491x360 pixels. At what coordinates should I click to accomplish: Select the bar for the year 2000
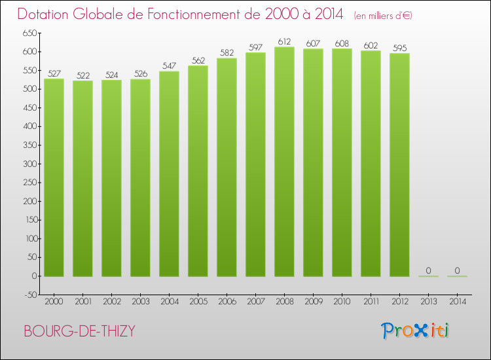(x=54, y=177)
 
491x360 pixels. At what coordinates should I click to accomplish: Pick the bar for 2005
(x=198, y=171)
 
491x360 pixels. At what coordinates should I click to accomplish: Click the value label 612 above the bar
(x=284, y=41)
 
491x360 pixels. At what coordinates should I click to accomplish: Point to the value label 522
(x=82, y=75)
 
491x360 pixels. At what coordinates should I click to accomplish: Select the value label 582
(x=227, y=53)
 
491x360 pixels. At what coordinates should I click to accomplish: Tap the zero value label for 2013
(x=428, y=270)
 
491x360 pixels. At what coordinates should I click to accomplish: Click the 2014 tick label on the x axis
(x=457, y=301)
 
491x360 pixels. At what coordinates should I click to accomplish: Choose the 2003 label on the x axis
(x=140, y=301)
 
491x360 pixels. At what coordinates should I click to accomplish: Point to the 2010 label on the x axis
(x=342, y=301)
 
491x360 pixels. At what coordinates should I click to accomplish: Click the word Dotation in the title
(x=45, y=14)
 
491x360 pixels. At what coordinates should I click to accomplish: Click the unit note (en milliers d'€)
(x=383, y=15)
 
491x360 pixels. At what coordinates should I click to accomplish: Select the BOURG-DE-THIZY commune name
(x=79, y=331)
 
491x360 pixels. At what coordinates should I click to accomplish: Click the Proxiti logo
(x=415, y=331)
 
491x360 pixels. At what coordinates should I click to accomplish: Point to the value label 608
(x=342, y=43)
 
